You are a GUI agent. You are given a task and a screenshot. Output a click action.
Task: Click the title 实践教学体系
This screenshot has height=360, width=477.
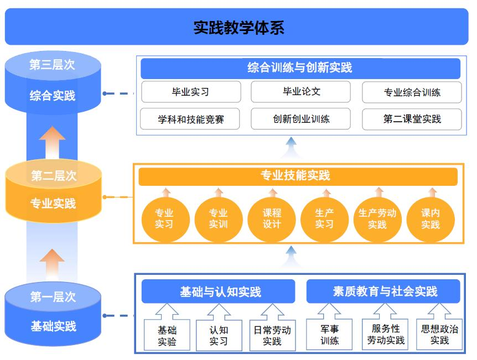239,27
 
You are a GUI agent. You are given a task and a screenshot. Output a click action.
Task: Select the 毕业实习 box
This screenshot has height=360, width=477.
191,92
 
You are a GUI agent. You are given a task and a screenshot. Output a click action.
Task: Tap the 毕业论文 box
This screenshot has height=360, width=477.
300,92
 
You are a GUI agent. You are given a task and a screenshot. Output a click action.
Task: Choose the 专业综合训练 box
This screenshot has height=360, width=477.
412,92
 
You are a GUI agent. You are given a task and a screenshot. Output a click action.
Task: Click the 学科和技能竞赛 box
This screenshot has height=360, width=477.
191,119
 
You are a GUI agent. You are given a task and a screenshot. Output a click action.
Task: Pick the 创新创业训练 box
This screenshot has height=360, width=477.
300,119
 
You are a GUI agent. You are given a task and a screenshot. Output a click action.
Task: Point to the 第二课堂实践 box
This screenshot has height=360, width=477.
412,119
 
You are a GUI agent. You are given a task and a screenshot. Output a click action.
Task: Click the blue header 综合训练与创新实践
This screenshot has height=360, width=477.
300,69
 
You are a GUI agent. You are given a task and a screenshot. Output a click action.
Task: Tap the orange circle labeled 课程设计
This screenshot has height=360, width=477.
272,218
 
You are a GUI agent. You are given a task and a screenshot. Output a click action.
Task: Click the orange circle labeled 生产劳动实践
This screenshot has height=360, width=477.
377,218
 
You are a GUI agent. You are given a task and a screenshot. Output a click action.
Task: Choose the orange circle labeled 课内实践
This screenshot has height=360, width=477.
430,218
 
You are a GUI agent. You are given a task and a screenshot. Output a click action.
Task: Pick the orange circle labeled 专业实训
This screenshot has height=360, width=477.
218,218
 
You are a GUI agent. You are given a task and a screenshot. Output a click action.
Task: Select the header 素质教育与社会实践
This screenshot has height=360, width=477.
383,291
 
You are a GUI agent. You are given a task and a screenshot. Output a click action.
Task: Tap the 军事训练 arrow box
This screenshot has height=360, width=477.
330,333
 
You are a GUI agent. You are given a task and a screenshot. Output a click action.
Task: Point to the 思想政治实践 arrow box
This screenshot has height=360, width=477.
439,333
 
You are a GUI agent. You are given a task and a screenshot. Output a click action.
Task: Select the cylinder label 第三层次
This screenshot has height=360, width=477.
52,65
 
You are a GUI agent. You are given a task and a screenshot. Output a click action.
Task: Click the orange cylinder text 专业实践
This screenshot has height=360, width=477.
53,204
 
